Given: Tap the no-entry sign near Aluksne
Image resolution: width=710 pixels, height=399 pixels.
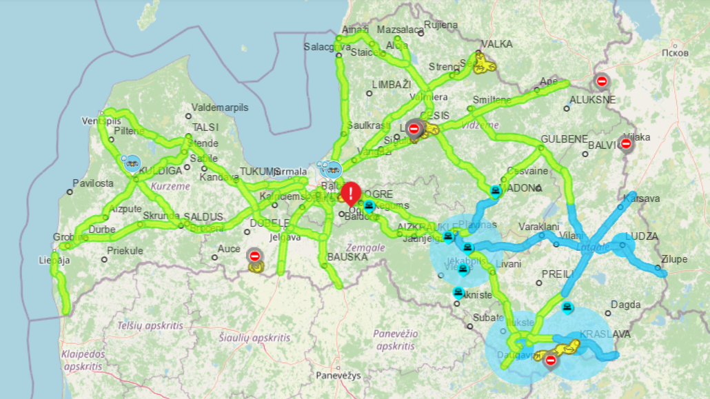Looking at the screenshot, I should pyautogui.click(x=602, y=81).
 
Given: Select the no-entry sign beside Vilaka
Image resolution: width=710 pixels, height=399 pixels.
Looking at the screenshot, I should pyautogui.click(x=626, y=144).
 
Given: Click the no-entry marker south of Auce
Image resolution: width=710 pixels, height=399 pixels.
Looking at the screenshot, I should pyautogui.click(x=254, y=256).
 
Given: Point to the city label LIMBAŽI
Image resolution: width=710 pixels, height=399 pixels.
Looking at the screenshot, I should pyautogui.click(x=391, y=84).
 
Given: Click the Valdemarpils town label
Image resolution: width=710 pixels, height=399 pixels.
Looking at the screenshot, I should pyautogui.click(x=220, y=108).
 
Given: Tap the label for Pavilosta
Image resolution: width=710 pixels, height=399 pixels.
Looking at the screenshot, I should pyautogui.click(x=94, y=183).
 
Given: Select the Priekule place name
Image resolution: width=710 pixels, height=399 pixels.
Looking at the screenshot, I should pyautogui.click(x=125, y=251).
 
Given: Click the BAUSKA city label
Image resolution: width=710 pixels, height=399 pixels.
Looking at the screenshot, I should pyautogui.click(x=347, y=256).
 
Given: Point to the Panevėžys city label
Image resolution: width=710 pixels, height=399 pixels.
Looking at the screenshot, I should pyautogui.click(x=338, y=376).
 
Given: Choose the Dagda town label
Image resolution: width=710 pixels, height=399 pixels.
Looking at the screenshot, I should pyautogui.click(x=625, y=304).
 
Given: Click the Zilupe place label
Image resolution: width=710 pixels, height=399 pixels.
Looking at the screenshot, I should pyautogui.click(x=673, y=260).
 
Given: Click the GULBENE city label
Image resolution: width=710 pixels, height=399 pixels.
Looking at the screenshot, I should pyautogui.click(x=564, y=139).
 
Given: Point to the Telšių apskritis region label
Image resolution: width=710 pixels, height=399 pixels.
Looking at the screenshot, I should pyautogui.click(x=150, y=325).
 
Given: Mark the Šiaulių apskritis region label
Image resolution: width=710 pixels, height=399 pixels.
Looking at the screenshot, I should pyautogui.click(x=254, y=338).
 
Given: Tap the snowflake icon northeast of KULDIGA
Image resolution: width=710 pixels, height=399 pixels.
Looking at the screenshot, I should pyautogui.click(x=132, y=163).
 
